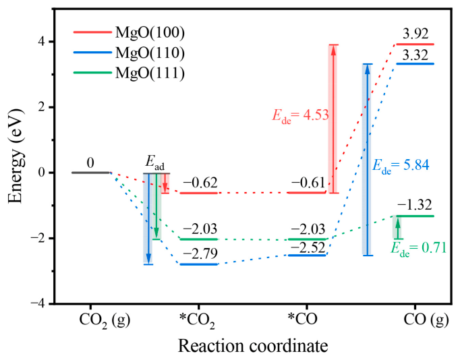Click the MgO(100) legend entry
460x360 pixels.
129,32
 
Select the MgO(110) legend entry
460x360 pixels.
129,53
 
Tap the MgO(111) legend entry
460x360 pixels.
129,73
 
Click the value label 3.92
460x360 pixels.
415,34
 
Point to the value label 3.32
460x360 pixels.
415,55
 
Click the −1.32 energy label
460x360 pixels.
415,205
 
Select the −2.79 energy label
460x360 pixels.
200,253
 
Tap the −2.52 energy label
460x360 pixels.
308,248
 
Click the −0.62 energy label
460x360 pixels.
200,183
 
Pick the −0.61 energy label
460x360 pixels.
308,183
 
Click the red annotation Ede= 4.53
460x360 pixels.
300,115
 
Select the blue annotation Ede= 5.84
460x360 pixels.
401,166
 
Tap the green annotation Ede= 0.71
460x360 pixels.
418,249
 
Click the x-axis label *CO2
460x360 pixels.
198,321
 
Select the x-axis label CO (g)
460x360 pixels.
426,320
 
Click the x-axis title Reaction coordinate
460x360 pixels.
253,346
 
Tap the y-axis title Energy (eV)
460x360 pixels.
16,156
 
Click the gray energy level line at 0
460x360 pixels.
90,173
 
